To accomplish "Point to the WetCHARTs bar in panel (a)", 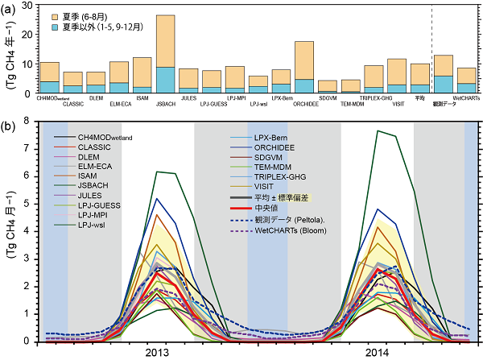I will click(466, 80).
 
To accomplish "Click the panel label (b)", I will click(8, 126).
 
